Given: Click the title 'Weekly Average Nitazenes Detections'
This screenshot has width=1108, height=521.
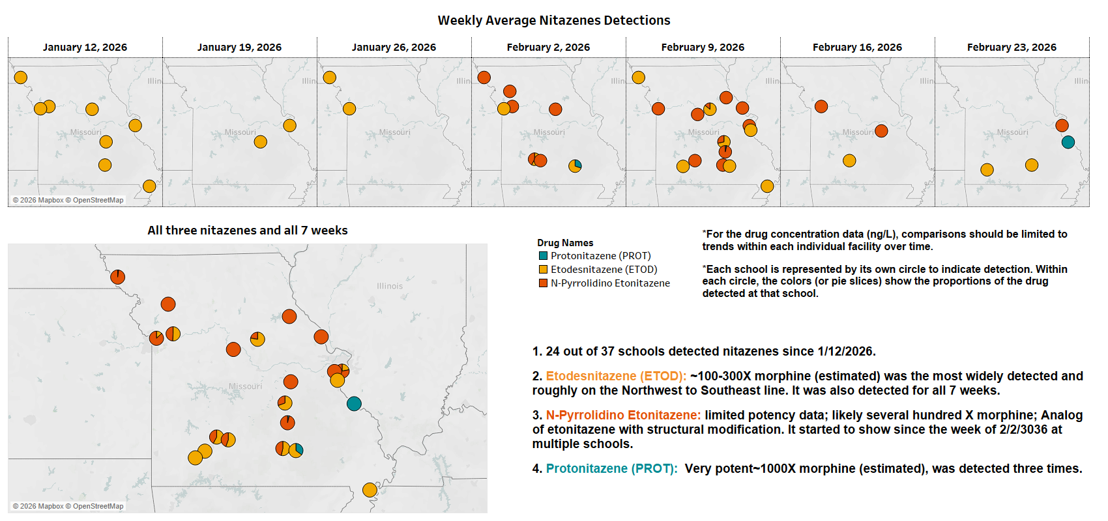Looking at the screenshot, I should coord(554,20).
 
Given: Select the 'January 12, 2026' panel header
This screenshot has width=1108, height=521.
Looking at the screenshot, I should coord(85,47).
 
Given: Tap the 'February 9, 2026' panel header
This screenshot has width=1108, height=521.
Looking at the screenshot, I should coord(703,47).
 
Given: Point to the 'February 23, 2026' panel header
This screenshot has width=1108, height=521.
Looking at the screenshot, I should coord(1012,47).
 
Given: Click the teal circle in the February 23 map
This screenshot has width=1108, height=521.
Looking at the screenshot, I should coord(1068,142).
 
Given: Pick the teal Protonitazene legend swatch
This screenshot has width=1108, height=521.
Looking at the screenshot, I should coord(543,256).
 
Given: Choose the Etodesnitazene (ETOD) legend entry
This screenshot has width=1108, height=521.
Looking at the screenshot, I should coord(604,270).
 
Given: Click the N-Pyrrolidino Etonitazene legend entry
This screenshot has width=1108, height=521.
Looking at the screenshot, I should coord(610,283).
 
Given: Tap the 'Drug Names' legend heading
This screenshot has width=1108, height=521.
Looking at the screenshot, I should coord(565,243).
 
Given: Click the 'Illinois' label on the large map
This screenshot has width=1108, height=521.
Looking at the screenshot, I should coord(390,286).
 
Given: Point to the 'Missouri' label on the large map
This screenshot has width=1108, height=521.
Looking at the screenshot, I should coord(245,386).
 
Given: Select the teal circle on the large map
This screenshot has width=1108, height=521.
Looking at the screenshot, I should coord(354,404).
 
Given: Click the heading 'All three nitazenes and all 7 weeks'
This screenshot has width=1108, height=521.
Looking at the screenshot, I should coord(248,231).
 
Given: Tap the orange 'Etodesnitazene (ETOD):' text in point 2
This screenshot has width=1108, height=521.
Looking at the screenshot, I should coord(616,376).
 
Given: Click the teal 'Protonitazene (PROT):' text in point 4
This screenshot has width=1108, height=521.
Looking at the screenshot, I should coord(611,469).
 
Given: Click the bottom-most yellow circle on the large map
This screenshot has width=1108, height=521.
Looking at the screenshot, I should coord(370,490).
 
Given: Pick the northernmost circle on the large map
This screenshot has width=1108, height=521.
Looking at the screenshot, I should coord(117,277).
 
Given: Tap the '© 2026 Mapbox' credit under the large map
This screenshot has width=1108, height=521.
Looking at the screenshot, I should coord(38,506).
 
